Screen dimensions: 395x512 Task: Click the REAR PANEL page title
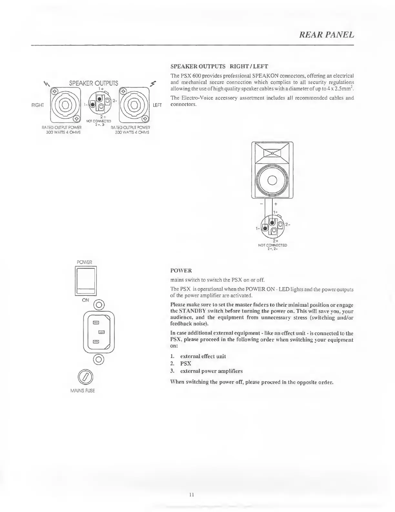point(327,35)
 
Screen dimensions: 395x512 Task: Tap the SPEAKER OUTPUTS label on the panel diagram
point(94,83)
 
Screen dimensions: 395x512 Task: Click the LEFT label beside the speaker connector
point(157,105)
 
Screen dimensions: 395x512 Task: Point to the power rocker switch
point(85,281)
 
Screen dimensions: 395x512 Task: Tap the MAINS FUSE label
point(83,391)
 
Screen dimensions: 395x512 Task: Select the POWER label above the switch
point(84,261)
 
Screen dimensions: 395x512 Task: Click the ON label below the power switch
point(86,300)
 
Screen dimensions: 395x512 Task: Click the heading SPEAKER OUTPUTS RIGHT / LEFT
point(219,67)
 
